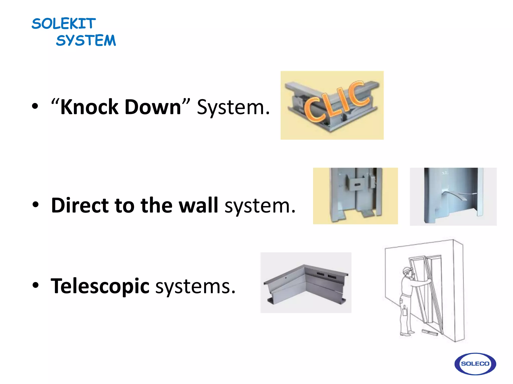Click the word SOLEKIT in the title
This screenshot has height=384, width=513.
pyautogui.click(x=64, y=24)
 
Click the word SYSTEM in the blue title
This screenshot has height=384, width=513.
pyautogui.click(x=86, y=40)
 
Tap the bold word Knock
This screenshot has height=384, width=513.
pyautogui.click(x=89, y=107)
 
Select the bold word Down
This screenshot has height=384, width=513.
pyautogui.click(x=153, y=107)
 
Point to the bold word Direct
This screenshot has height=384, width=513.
pyautogui.click(x=80, y=205)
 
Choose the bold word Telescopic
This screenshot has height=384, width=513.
pyautogui.click(x=100, y=286)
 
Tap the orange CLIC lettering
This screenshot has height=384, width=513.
pyautogui.click(x=337, y=102)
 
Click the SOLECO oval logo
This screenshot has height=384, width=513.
pyautogui.click(x=475, y=364)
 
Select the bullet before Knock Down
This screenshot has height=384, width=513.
pyautogui.click(x=35, y=106)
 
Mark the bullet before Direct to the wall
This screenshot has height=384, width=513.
pyautogui.click(x=35, y=204)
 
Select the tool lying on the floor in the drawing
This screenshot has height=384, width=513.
pyautogui.click(x=430, y=332)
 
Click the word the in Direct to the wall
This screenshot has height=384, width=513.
pyautogui.click(x=156, y=205)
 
